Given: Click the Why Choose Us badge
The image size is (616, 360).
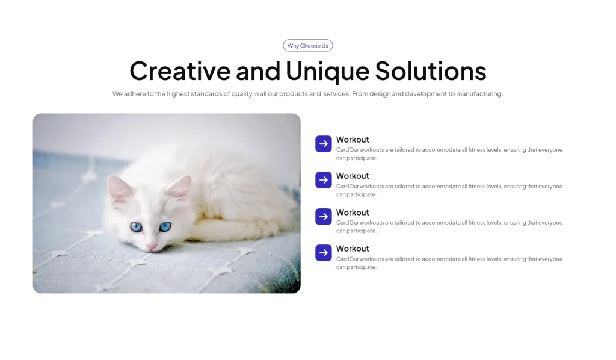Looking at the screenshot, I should point(308,46).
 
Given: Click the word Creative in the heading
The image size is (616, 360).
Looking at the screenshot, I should point(180,71).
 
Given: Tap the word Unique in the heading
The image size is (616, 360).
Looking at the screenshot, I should point(327,71).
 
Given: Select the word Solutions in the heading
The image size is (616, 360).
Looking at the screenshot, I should point(431,71).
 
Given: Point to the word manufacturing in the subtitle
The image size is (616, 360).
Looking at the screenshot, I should point(479,94).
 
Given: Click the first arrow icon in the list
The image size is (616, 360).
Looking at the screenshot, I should point(324,144).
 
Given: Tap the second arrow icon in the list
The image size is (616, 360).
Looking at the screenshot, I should point(324,180).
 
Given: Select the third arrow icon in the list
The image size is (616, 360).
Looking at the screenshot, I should point(324,217).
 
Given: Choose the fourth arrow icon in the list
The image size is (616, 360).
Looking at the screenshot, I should point(324,253).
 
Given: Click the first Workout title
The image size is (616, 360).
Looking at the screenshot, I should point(353,140).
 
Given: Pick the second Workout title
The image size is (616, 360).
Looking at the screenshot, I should point(353,176).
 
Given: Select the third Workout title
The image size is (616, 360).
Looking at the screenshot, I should point(353,213).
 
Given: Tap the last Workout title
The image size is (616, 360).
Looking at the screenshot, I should point(353,249).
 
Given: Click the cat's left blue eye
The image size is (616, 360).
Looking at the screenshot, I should point(137,227).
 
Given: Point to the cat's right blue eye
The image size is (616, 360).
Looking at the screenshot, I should point(165,226).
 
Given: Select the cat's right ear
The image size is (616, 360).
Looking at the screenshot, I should point(182,187).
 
